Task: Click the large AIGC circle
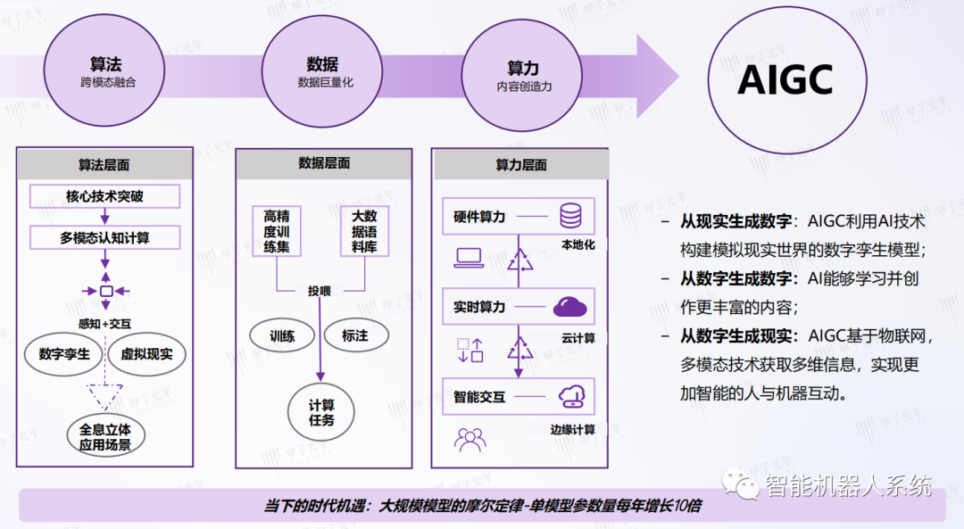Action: [x=786, y=80]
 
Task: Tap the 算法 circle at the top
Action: [x=106, y=72]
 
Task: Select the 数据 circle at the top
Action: [x=322, y=72]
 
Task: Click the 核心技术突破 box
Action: [x=104, y=195]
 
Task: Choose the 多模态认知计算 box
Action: [x=104, y=238]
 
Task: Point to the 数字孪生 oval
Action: [x=64, y=354]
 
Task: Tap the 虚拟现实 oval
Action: [x=146, y=354]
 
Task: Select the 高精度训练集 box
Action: [x=276, y=231]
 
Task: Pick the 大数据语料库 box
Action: [x=364, y=231]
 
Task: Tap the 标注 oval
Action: [x=354, y=336]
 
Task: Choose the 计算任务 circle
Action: [x=321, y=412]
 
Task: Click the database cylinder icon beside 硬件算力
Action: [x=570, y=217]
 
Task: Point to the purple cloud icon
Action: [x=570, y=308]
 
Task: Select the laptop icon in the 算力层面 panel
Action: [x=469, y=258]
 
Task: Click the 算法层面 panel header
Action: [x=104, y=164]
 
